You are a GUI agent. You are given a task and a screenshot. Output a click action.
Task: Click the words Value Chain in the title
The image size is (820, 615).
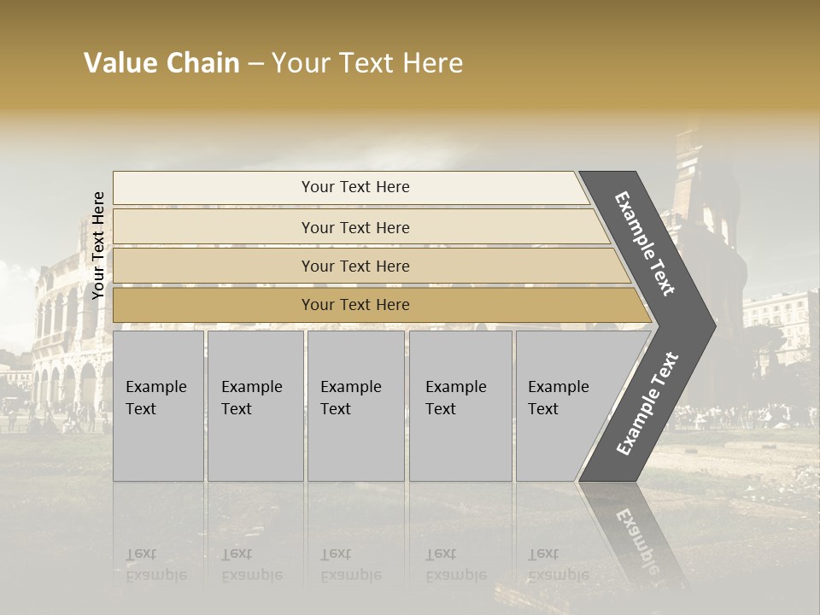coord(161,63)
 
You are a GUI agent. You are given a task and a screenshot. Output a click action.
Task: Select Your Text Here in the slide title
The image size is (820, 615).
coord(367,63)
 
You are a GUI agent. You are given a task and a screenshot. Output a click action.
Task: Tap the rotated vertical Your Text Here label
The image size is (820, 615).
coord(98,245)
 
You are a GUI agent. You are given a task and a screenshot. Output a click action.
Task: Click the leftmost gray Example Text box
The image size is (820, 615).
coord(158,406)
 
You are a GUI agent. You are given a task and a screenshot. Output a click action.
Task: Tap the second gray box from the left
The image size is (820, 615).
coord(255,406)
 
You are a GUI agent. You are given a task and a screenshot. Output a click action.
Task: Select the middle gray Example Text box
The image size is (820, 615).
coord(355,406)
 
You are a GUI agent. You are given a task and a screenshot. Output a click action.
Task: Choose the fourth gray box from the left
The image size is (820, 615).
coord(460,406)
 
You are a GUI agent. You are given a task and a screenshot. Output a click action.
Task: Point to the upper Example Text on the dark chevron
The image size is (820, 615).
coord(645,243)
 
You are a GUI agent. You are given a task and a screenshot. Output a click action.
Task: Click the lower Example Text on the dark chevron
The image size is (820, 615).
coord(647,404)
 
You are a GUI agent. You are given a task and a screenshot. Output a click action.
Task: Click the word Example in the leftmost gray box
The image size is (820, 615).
coord(155,387)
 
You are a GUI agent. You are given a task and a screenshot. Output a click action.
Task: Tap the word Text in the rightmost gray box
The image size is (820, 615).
coord(542,409)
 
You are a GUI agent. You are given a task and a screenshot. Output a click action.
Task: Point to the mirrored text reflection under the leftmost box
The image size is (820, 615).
coord(155,564)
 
